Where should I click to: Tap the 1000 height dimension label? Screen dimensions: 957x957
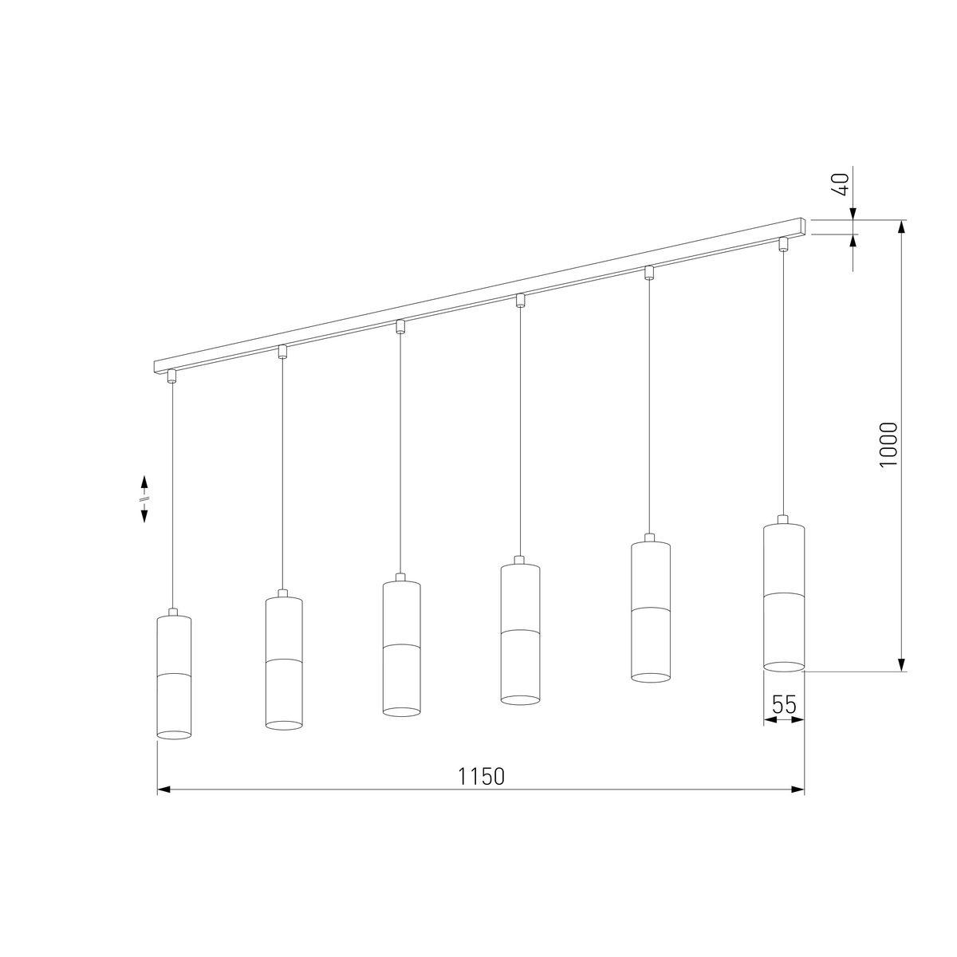coord(888,444)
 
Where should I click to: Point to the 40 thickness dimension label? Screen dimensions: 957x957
coord(841,184)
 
